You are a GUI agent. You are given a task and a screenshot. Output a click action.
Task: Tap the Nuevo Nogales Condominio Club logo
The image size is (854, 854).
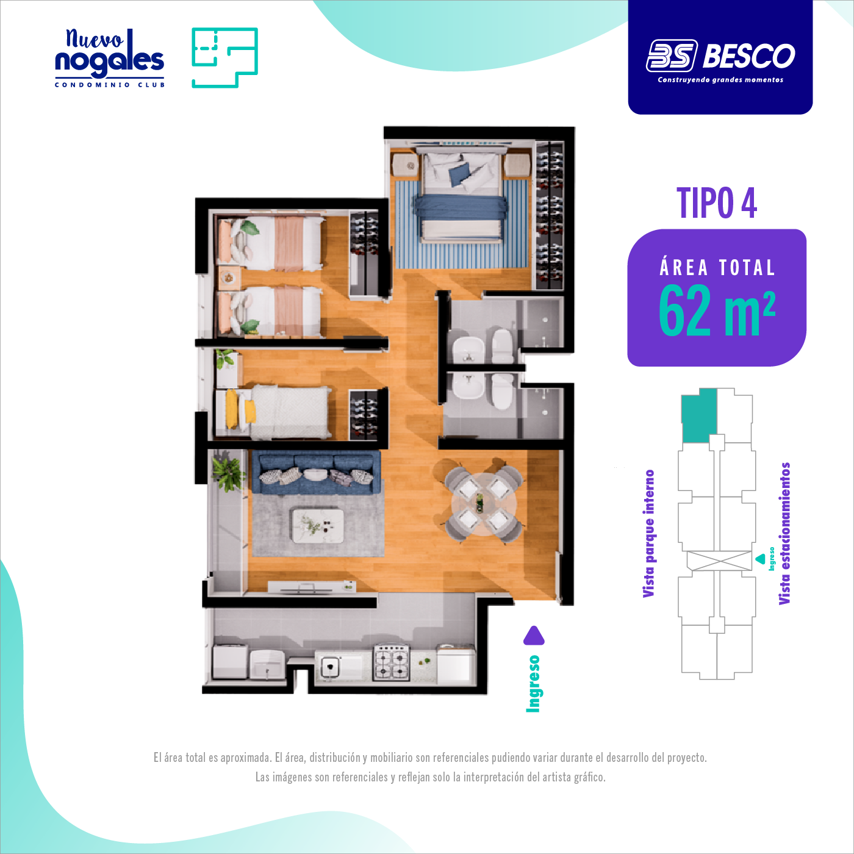point(109,58)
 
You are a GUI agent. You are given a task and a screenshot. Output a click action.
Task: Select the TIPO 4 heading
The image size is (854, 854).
point(717,203)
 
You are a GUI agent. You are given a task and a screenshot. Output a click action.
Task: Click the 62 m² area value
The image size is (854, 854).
point(717,310)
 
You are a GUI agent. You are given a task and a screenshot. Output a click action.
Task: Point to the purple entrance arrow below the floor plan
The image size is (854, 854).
point(534,636)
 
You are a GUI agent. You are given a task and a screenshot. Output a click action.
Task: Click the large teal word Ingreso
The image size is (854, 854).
point(533,684)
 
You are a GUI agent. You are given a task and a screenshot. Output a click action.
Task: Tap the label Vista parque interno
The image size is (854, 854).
point(649,534)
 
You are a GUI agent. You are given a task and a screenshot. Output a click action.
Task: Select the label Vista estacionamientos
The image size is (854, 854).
point(784,534)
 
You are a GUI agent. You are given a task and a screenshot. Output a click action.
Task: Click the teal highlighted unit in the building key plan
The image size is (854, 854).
point(699,415)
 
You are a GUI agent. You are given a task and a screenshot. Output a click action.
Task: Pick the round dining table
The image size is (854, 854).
point(484,504)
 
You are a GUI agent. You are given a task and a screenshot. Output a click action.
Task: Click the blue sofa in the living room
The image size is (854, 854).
point(315,472)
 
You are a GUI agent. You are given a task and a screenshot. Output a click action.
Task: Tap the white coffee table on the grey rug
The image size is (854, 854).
point(317,526)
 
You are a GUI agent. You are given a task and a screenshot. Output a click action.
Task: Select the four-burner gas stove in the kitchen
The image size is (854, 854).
point(392,662)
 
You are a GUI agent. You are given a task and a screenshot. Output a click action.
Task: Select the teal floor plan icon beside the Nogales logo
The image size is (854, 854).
point(224,57)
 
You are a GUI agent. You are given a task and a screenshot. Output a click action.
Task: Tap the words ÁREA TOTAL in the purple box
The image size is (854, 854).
point(717,268)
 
